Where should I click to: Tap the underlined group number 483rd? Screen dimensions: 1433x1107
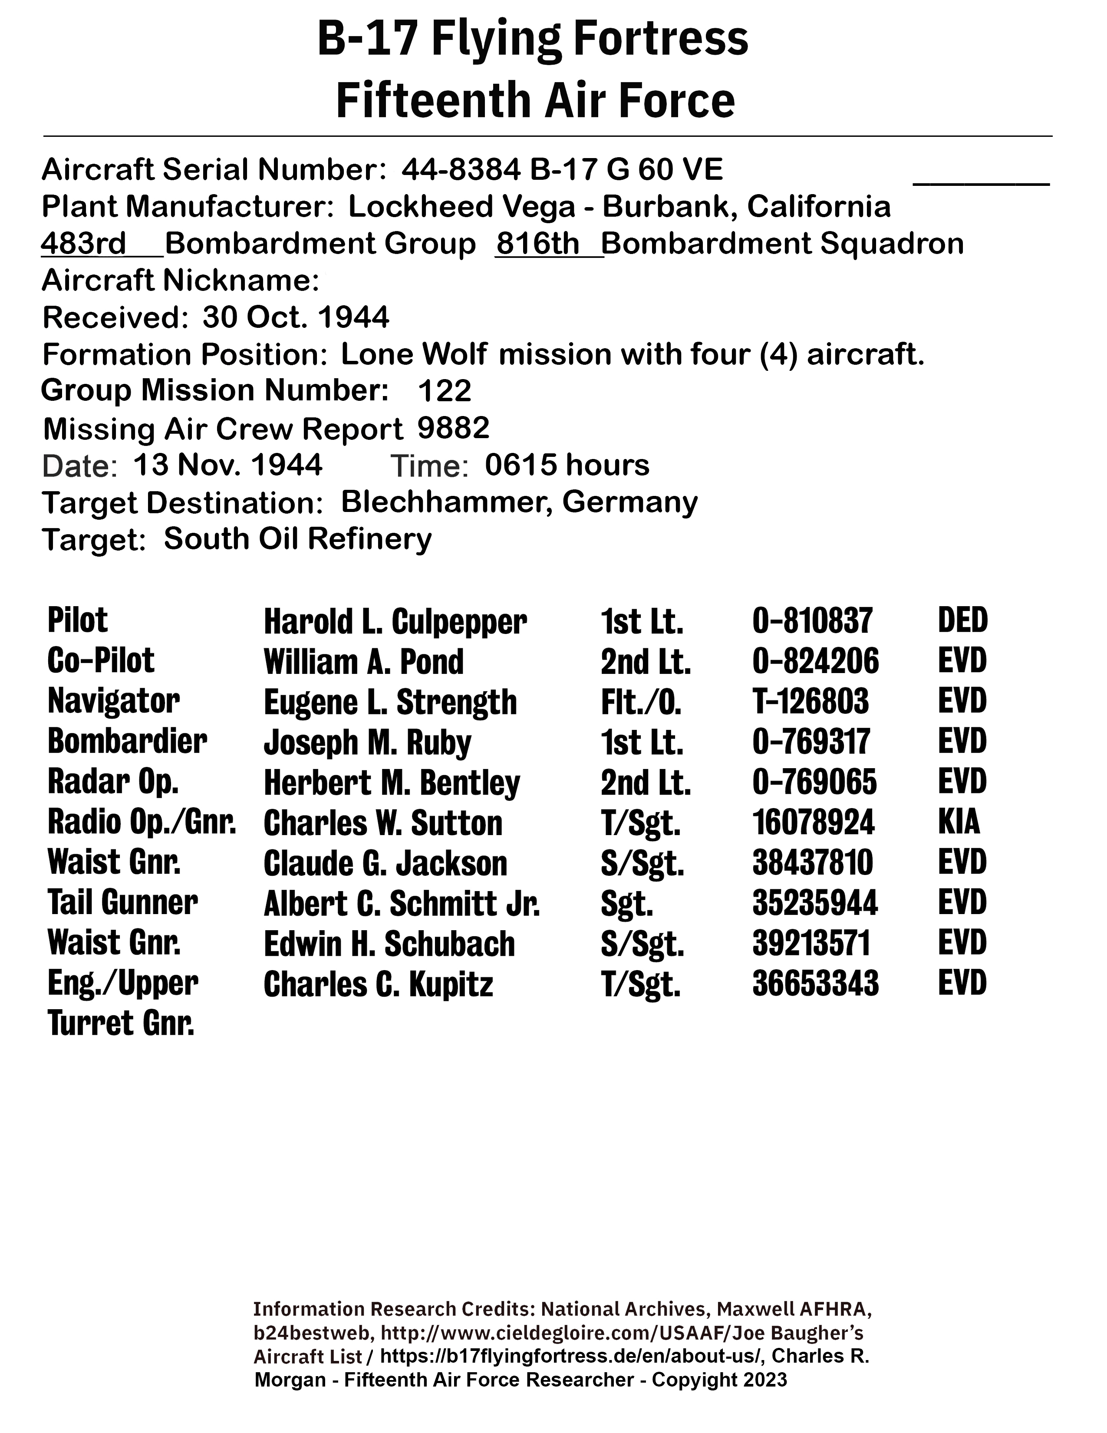83,244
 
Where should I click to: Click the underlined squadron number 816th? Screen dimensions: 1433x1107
538,244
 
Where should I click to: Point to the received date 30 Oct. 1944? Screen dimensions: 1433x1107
296,317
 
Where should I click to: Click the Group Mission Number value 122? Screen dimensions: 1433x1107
445,391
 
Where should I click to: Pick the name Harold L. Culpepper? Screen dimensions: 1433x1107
395,621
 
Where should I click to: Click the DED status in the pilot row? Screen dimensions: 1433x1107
962,620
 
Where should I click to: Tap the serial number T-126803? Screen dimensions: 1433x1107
810,701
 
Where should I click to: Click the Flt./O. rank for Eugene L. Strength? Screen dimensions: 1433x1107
641,702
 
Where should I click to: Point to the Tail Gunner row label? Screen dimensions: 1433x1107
122,903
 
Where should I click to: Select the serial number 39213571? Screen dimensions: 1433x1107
811,944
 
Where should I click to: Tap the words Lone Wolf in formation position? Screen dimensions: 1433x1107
414,354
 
